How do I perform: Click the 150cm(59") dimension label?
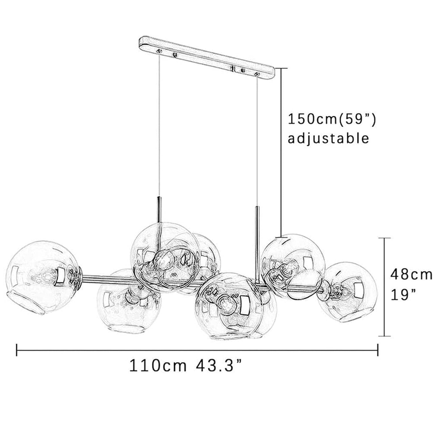pyautogui.click(x=332, y=119)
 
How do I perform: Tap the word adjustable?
pyautogui.click(x=328, y=138)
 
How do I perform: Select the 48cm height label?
pyautogui.click(x=411, y=275)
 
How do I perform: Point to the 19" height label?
pyautogui.click(x=403, y=294)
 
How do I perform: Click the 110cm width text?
pyautogui.click(x=158, y=366)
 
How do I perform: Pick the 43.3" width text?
pyautogui.click(x=219, y=366)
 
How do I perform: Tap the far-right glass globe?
pyautogui.click(x=347, y=292)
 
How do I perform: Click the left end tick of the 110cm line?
pyautogui.click(x=17, y=350)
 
